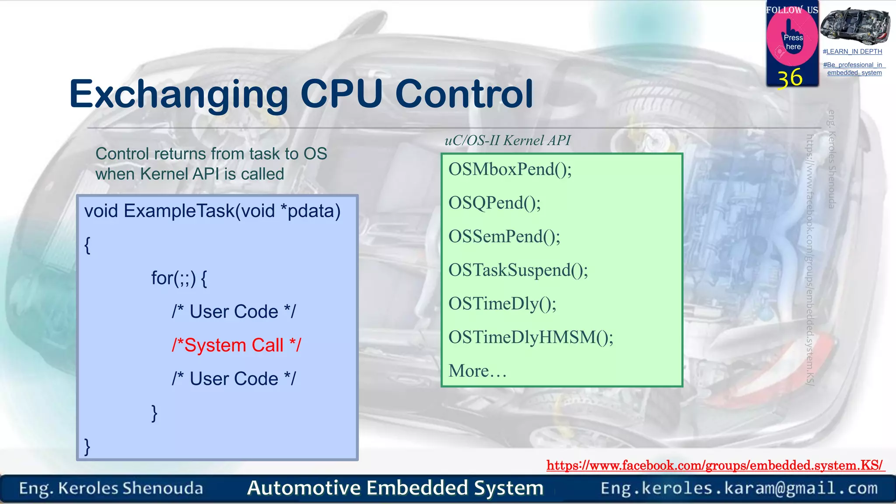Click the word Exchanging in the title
tap(178, 94)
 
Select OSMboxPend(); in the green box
tap(510, 169)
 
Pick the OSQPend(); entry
tap(494, 203)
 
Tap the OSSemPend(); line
tap(504, 237)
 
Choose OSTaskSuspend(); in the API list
tap(518, 270)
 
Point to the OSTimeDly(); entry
tap(502, 304)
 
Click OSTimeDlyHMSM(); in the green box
tap(531, 337)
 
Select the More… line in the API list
tap(477, 371)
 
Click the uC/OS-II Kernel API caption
tap(507, 140)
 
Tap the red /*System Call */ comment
tap(236, 345)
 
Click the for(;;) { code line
tap(179, 278)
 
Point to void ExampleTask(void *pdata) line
tap(212, 211)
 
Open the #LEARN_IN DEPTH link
tap(852, 52)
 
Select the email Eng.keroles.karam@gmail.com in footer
tap(739, 488)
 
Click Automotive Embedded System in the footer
tap(395, 488)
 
